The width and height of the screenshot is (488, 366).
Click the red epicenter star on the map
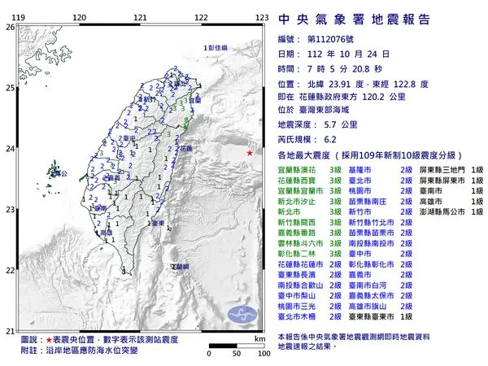(x=250, y=154)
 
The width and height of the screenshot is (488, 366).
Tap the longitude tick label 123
(x=262, y=16)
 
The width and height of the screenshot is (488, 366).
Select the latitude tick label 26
(x=9, y=27)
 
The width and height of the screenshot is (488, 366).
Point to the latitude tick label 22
(x=9, y=270)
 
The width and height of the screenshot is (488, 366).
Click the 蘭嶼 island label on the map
(x=180, y=267)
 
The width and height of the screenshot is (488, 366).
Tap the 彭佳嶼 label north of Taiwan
(x=218, y=50)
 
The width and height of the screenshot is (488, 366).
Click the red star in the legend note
(x=50, y=338)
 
